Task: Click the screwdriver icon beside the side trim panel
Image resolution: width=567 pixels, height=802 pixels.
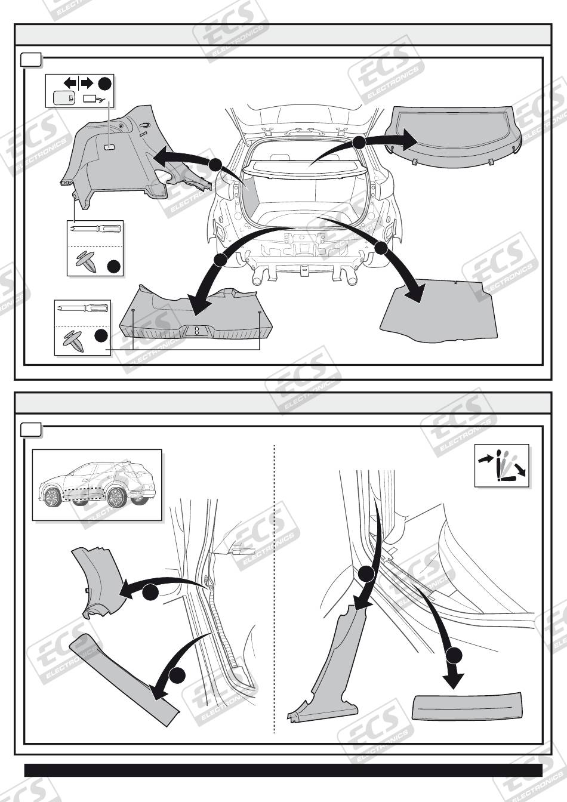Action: click(x=96, y=228)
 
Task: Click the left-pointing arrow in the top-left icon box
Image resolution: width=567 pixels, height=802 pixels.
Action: click(x=70, y=84)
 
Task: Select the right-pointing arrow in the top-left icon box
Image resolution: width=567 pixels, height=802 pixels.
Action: click(x=87, y=84)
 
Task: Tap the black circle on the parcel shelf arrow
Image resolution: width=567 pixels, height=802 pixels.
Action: click(x=359, y=143)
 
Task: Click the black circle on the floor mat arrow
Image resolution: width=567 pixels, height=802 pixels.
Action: click(x=381, y=248)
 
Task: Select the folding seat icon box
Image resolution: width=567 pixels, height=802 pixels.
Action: click(x=501, y=465)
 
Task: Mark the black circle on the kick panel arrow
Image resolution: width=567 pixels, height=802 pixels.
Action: click(x=150, y=592)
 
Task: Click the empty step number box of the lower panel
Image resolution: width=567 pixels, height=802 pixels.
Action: click(x=31, y=430)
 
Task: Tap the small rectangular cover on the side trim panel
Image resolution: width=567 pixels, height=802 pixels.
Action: click(x=109, y=147)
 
